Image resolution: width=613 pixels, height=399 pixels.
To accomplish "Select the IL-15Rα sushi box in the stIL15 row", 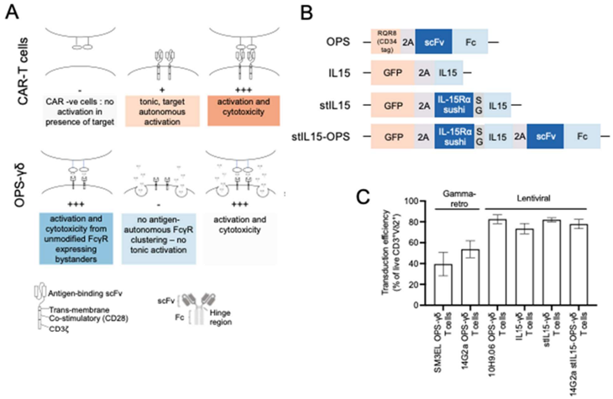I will click(453, 104).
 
